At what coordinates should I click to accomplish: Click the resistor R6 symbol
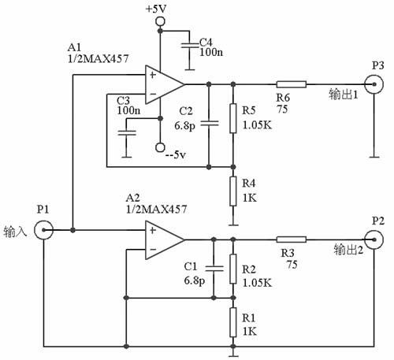tap(292, 84)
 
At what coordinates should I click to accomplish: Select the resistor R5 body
tap(233, 118)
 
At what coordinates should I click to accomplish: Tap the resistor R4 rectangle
tap(233, 191)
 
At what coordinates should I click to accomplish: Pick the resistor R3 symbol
tap(292, 239)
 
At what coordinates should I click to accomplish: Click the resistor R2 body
tap(233, 269)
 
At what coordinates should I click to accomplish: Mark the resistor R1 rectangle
tap(233, 322)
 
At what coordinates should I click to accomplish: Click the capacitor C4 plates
tap(189, 45)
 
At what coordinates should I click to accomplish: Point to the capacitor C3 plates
tap(127, 132)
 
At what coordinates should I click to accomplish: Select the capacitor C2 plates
tap(209, 123)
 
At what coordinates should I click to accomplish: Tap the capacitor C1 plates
tap(214, 269)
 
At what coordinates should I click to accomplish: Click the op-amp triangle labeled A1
tap(163, 84)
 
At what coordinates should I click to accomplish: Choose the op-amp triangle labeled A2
tap(163, 239)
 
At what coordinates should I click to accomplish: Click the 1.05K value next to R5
tap(257, 125)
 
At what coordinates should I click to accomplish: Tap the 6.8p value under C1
tap(195, 281)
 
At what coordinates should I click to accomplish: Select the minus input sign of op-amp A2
tap(153, 250)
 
